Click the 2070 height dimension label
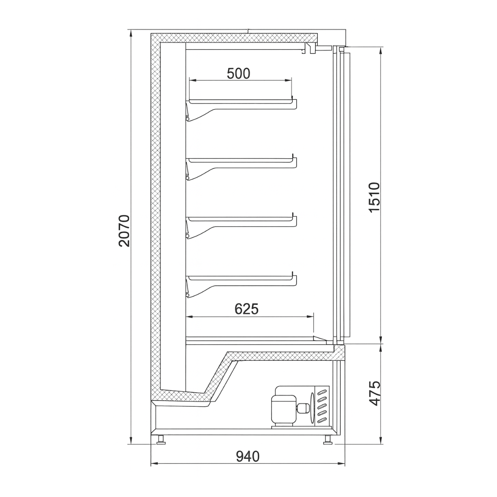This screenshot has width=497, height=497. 124,231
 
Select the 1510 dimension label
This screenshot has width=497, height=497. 374,197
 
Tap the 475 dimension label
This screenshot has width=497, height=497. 374,393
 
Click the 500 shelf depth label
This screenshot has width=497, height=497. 239,73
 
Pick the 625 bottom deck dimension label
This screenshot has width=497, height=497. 246,309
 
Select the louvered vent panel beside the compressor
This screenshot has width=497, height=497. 322,406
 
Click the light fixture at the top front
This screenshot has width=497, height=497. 310,48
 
